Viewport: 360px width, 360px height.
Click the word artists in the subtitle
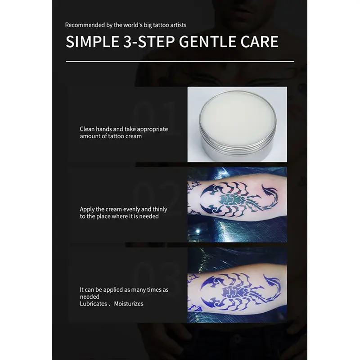pyautogui.click(x=177, y=25)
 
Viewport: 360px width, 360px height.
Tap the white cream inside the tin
pyautogui.click(x=237, y=119)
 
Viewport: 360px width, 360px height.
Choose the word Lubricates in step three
pyautogui.click(x=94, y=304)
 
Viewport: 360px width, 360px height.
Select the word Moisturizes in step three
pyautogui.click(x=129, y=304)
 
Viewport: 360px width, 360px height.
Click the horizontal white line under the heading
pyautogui.click(x=180, y=61)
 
